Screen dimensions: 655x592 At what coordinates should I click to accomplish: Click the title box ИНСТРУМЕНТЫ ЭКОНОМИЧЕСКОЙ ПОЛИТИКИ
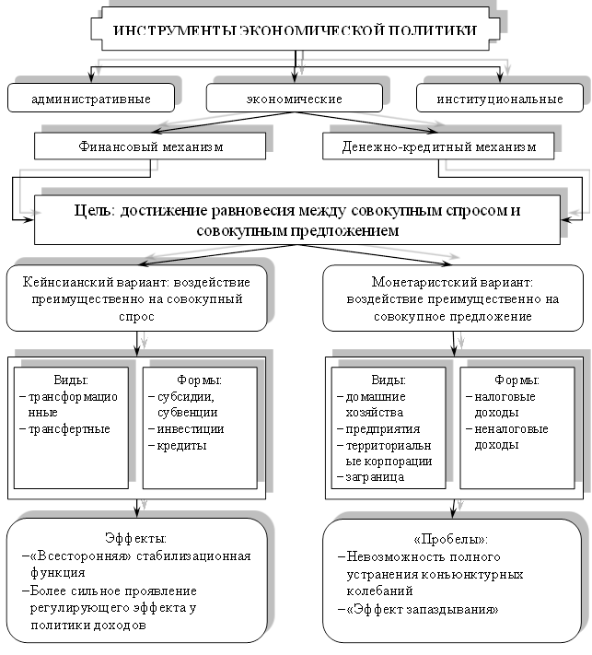[295, 30]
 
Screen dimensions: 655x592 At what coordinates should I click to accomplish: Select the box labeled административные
[90, 98]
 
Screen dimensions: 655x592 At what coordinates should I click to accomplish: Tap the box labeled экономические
[295, 98]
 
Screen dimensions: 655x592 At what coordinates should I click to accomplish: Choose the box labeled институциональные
[500, 98]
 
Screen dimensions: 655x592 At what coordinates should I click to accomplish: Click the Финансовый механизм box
[151, 146]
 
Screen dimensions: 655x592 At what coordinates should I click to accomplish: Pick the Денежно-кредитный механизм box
[438, 146]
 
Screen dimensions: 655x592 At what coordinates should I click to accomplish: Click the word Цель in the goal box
[93, 210]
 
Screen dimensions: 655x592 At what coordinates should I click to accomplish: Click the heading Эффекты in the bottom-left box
[136, 537]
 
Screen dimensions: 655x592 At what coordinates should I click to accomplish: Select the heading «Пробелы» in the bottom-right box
[452, 539]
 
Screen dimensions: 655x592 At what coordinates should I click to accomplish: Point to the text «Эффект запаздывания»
[424, 609]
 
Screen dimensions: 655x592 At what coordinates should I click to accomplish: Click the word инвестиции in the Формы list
[191, 428]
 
